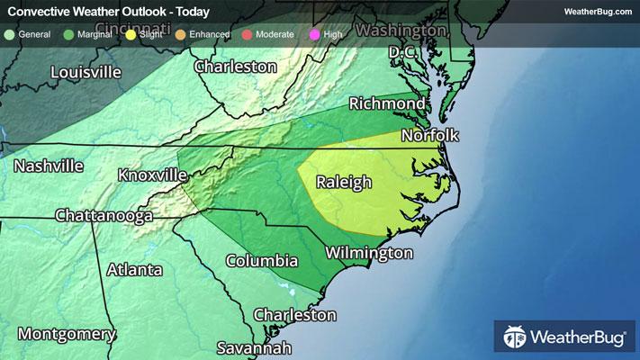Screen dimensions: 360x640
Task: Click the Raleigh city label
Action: click(344, 183)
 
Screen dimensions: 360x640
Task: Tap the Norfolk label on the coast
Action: click(430, 136)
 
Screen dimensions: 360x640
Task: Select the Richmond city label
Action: click(387, 103)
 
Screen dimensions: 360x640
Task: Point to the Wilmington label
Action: click(370, 253)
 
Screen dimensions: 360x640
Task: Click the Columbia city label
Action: click(261, 261)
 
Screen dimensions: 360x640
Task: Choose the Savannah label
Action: click(255, 347)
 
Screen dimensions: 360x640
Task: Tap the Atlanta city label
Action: click(135, 270)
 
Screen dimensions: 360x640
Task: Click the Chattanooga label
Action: click(102, 216)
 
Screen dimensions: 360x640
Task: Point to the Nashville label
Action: click(49, 166)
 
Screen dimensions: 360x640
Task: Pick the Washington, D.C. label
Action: click(402, 41)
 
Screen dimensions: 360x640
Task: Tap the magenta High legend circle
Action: click(312, 34)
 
